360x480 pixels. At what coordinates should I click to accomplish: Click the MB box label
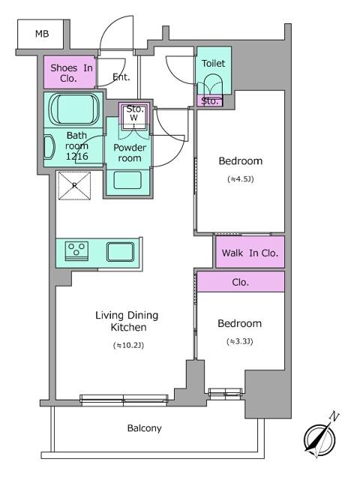coord(39,34)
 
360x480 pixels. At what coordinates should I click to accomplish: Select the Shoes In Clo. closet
coord(69,72)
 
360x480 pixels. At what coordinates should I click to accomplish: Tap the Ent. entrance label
coord(121,76)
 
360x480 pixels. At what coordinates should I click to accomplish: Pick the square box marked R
coord(74,186)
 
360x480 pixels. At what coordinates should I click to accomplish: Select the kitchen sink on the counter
coord(119,250)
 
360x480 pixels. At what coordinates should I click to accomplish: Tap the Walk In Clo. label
coord(250,253)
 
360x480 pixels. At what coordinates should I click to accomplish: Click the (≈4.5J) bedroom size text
coord(240,179)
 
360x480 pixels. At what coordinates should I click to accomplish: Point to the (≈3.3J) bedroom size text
coord(239,341)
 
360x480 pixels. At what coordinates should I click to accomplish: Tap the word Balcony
coord(144,428)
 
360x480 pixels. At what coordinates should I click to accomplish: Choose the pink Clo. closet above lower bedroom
coord(241,283)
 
